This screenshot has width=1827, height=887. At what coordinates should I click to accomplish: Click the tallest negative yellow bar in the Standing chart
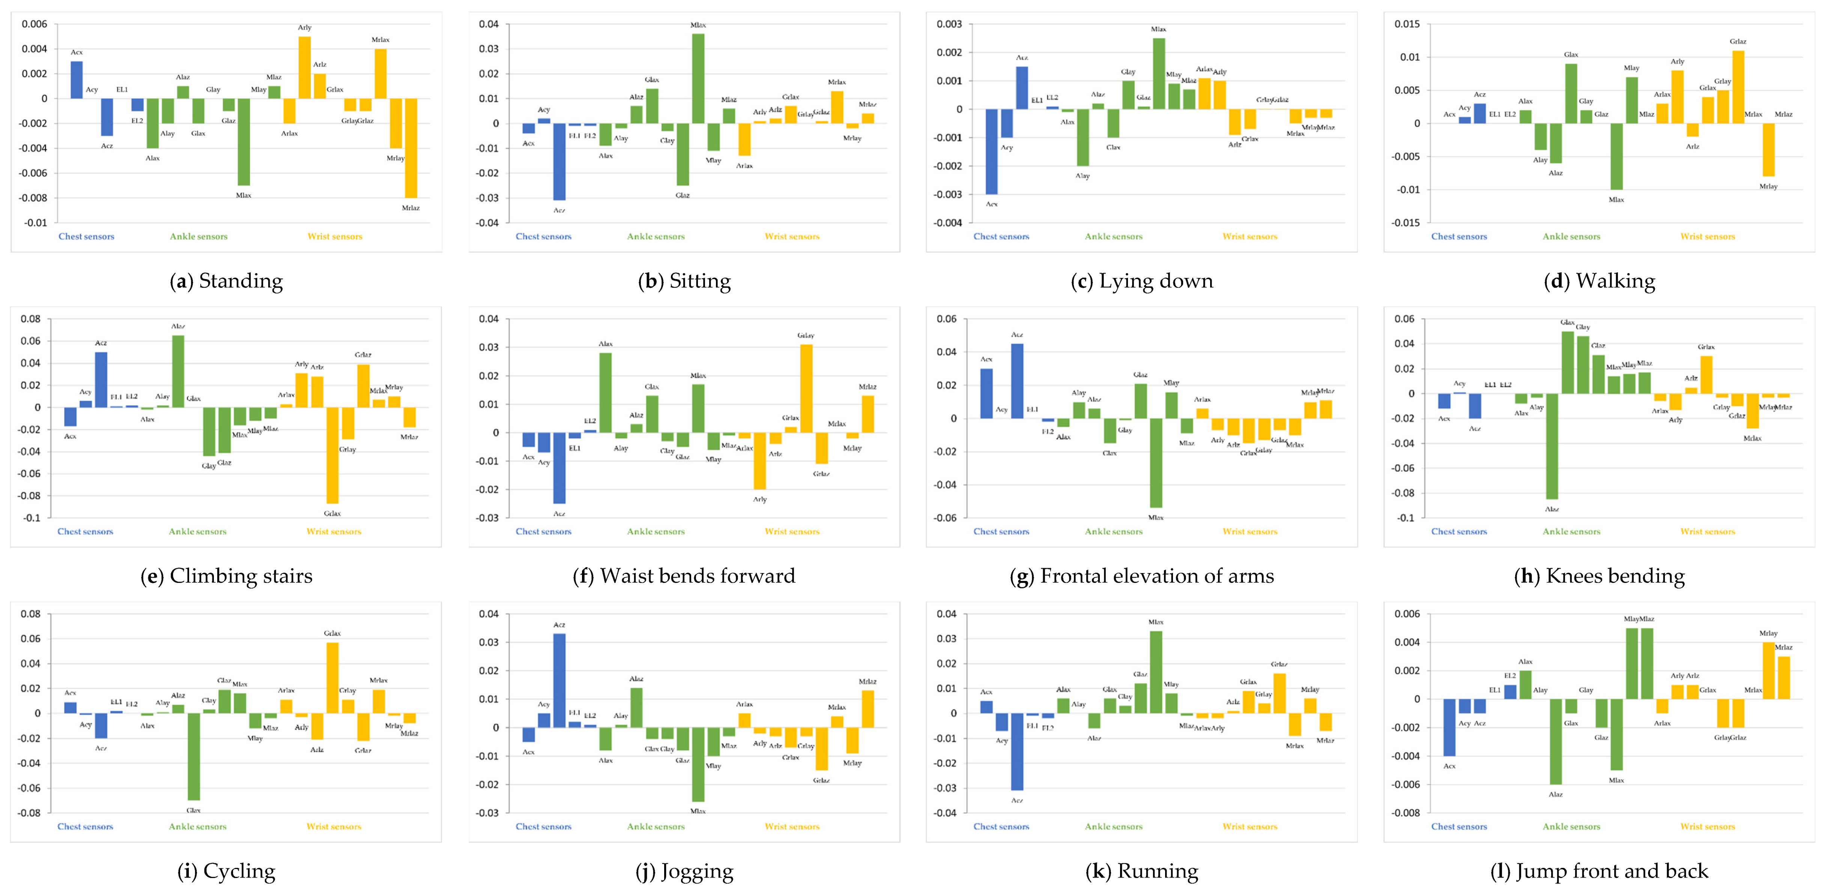coord(411,148)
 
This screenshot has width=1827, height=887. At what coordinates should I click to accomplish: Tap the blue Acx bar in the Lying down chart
coord(991,152)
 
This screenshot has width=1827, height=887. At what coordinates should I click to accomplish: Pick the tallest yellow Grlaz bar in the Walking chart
coord(1738,87)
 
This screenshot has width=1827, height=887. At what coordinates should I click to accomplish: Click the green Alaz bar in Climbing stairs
coord(178,372)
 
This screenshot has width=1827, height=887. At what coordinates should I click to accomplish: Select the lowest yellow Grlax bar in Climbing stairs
coord(332,455)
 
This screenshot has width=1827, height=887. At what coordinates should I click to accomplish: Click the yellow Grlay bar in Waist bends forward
coord(806,389)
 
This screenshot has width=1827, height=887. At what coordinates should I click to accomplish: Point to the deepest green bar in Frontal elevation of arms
coord(1156,463)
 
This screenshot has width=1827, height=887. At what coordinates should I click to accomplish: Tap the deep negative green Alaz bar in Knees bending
coord(1552,447)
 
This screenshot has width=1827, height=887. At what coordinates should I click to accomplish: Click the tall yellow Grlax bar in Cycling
coord(332,678)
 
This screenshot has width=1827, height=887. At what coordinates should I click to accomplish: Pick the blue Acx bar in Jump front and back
coord(1449,728)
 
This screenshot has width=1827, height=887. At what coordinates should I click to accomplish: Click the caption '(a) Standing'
coord(226,281)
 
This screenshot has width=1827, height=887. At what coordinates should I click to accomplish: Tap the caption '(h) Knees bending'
coord(1599,576)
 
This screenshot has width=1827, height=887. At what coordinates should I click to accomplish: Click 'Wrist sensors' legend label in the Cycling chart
coord(333,827)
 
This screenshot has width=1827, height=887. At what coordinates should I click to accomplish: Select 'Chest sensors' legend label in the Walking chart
coord(1459,237)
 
